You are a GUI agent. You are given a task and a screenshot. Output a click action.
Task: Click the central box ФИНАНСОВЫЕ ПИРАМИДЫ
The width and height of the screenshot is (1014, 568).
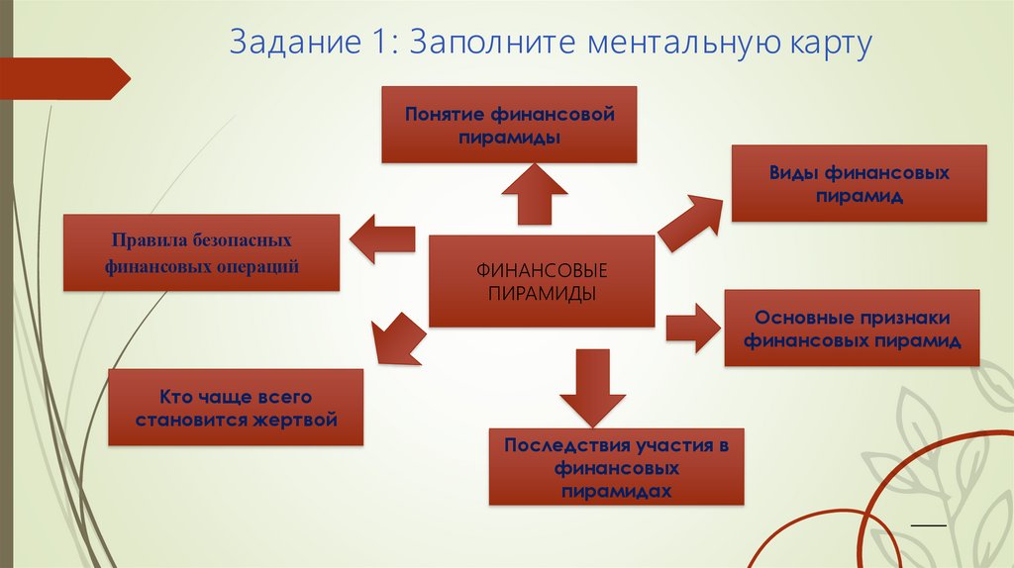click(542, 281)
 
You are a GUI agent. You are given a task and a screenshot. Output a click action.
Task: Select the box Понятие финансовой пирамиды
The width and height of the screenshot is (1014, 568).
click(509, 125)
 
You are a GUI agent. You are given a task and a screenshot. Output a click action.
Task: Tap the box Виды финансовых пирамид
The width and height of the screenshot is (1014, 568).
click(859, 184)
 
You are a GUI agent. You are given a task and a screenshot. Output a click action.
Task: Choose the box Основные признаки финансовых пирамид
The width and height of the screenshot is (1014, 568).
click(853, 329)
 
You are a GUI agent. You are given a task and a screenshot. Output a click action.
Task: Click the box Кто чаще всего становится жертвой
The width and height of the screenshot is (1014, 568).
click(235, 408)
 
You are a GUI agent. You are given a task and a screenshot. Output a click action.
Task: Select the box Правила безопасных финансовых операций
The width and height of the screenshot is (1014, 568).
click(201, 253)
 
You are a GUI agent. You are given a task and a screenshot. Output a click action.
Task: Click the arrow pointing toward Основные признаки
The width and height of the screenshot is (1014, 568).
click(692, 327)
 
